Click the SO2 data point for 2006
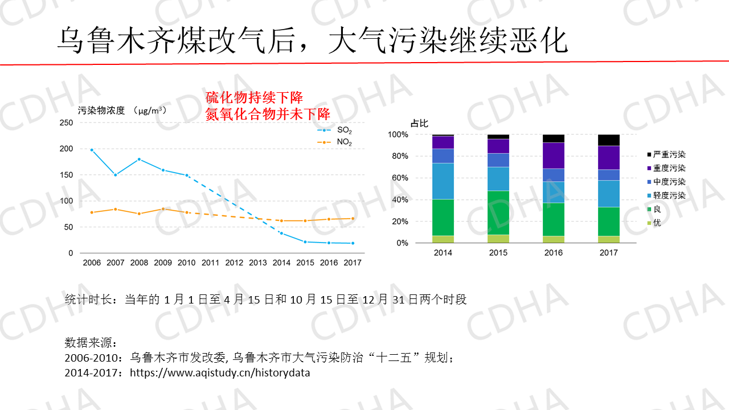[92, 150]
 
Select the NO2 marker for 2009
[163, 209]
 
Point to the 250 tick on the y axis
[67, 123]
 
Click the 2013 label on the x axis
[258, 263]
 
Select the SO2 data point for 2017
[353, 243]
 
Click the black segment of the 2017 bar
[609, 140]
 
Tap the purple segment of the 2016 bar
[554, 155]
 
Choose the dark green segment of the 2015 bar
[498, 212]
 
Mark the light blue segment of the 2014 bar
[443, 181]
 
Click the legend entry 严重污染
[665, 154]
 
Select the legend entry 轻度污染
[665, 195]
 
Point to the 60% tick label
[398, 178]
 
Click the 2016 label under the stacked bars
[554, 253]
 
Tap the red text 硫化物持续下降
[253, 97]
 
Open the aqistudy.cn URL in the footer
[220, 374]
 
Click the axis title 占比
[419, 123]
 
